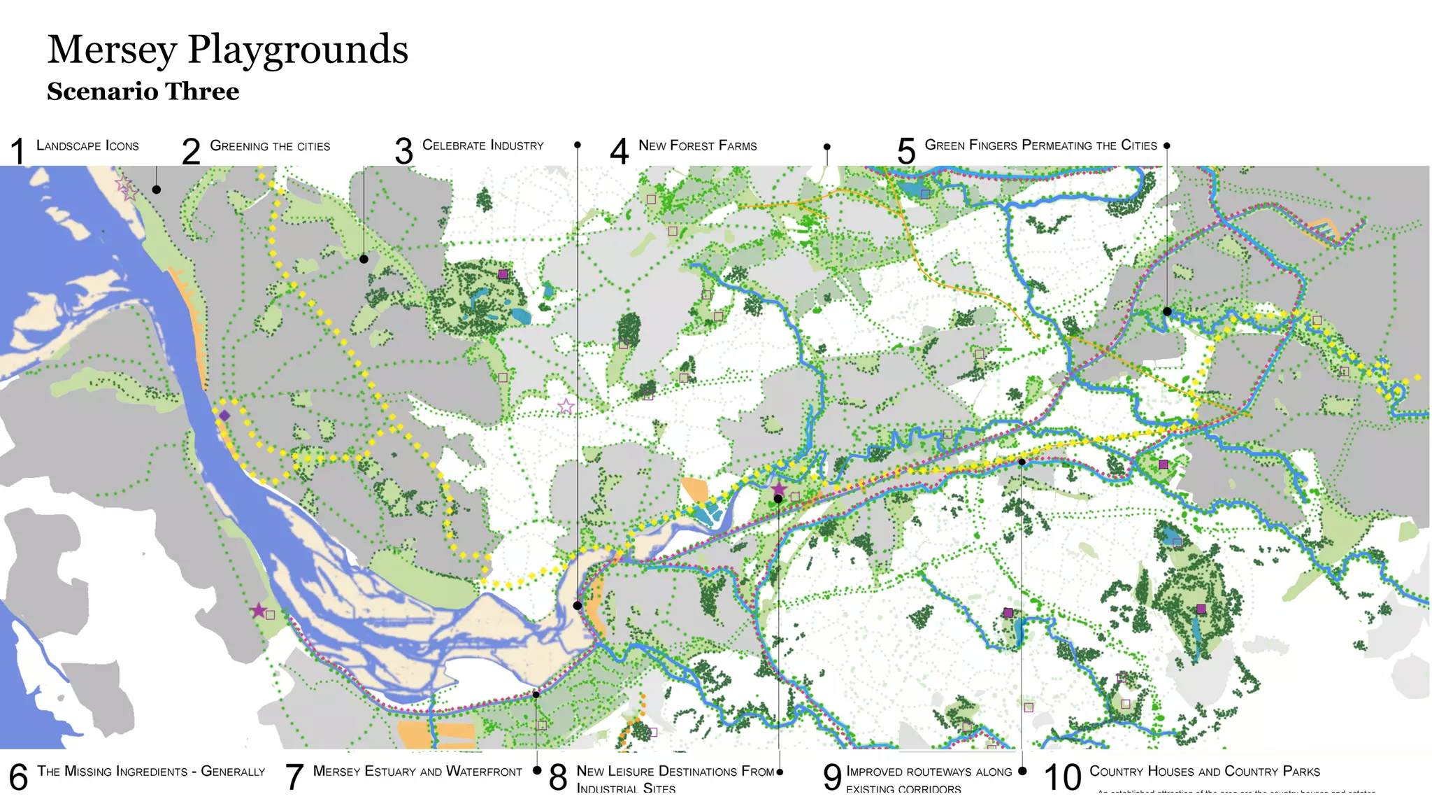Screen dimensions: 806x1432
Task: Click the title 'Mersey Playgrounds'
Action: point(227,50)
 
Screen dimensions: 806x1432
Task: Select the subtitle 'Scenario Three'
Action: point(143,92)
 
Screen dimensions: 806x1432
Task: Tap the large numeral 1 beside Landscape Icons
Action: point(18,151)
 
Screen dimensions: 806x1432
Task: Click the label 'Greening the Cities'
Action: point(270,146)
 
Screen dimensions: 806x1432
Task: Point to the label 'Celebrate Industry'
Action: point(482,146)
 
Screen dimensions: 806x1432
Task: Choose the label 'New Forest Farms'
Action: point(697,146)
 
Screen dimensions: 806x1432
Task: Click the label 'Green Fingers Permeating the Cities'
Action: point(1040,146)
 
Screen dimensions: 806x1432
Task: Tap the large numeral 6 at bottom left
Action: point(18,777)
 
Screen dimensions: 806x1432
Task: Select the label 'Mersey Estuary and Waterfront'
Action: point(417,772)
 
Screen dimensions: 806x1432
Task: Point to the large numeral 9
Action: point(832,777)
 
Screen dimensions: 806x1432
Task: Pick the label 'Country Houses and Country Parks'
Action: point(1204,772)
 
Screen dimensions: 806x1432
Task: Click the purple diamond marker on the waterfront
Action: point(224,416)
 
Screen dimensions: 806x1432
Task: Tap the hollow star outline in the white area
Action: point(566,406)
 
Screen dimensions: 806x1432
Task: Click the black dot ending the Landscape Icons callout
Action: point(157,190)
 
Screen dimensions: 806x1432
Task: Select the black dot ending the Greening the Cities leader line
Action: point(364,260)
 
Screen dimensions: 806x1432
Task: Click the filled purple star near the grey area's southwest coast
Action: point(259,610)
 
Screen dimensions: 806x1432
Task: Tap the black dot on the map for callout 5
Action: point(1167,311)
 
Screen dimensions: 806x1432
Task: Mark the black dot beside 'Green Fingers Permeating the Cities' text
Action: point(1166,146)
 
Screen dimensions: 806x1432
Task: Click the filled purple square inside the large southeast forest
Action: point(1201,609)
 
